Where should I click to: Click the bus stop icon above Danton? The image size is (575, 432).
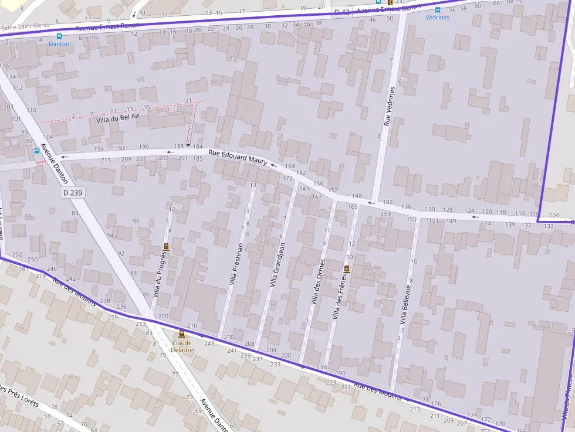click(x=59, y=36)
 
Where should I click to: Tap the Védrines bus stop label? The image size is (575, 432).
click(x=438, y=18)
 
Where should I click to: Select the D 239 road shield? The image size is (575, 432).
click(x=72, y=193)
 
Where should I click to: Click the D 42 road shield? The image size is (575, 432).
click(x=341, y=12)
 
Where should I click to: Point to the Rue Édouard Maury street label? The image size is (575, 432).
click(x=238, y=157)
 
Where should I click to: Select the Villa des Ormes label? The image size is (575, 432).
click(x=317, y=282)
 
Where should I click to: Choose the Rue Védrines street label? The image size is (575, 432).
click(x=387, y=106)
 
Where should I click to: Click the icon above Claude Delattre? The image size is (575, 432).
click(x=182, y=334)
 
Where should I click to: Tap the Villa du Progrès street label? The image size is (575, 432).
click(x=159, y=273)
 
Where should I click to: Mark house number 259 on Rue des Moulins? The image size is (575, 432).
click(x=113, y=317)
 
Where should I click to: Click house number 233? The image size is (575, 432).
click(x=275, y=364)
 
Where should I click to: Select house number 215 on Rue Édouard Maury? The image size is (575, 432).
click(x=106, y=160)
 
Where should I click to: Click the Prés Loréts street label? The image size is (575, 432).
click(x=21, y=393)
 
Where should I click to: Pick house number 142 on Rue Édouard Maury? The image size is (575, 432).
click(x=387, y=202)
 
